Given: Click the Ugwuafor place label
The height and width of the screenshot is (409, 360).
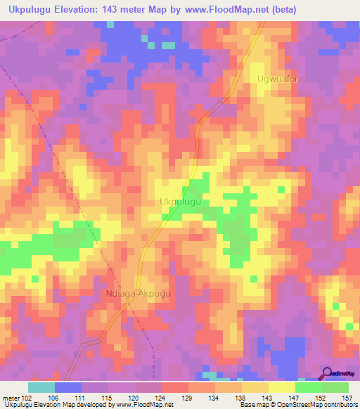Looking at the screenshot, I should [x=278, y=79].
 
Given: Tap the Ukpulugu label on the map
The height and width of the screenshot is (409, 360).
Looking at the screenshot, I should [x=181, y=202].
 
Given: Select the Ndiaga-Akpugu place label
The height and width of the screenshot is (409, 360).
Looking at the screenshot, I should [x=139, y=294].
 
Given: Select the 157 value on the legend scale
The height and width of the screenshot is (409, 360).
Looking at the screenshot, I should [x=347, y=397].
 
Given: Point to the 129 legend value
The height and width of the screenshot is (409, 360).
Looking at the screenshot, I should [x=188, y=397].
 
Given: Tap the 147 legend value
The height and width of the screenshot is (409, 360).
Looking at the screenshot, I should [x=295, y=397].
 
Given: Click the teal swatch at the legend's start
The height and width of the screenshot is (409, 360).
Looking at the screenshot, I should [x=41, y=387].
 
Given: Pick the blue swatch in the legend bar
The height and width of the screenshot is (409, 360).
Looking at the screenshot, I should [x=67, y=387].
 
